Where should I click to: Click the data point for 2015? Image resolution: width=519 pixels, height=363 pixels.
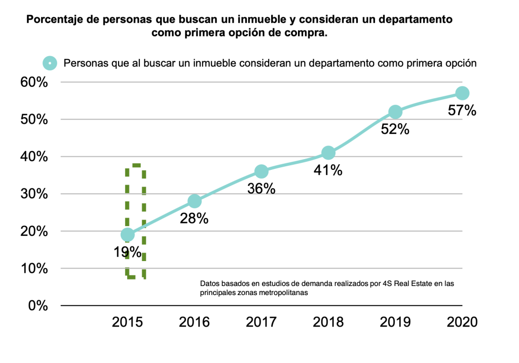[x=128, y=235]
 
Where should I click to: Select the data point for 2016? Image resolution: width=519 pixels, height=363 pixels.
[x=194, y=201]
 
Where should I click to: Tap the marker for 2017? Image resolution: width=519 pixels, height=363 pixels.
[x=262, y=171]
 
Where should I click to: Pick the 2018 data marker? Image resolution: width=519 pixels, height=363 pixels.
[x=328, y=153]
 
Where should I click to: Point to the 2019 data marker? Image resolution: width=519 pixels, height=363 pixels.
[x=395, y=112]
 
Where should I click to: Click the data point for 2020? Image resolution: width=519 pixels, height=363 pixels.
[x=462, y=93]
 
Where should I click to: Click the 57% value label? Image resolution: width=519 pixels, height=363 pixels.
[x=462, y=111]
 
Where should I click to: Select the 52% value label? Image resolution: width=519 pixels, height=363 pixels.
[x=395, y=129]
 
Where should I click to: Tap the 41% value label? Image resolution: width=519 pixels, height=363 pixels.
[x=328, y=170]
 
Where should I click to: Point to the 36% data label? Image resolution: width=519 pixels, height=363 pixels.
[x=262, y=189]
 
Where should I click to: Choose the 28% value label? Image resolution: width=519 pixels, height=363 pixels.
[x=194, y=219]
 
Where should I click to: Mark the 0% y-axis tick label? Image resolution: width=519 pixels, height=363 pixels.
[x=38, y=306]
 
